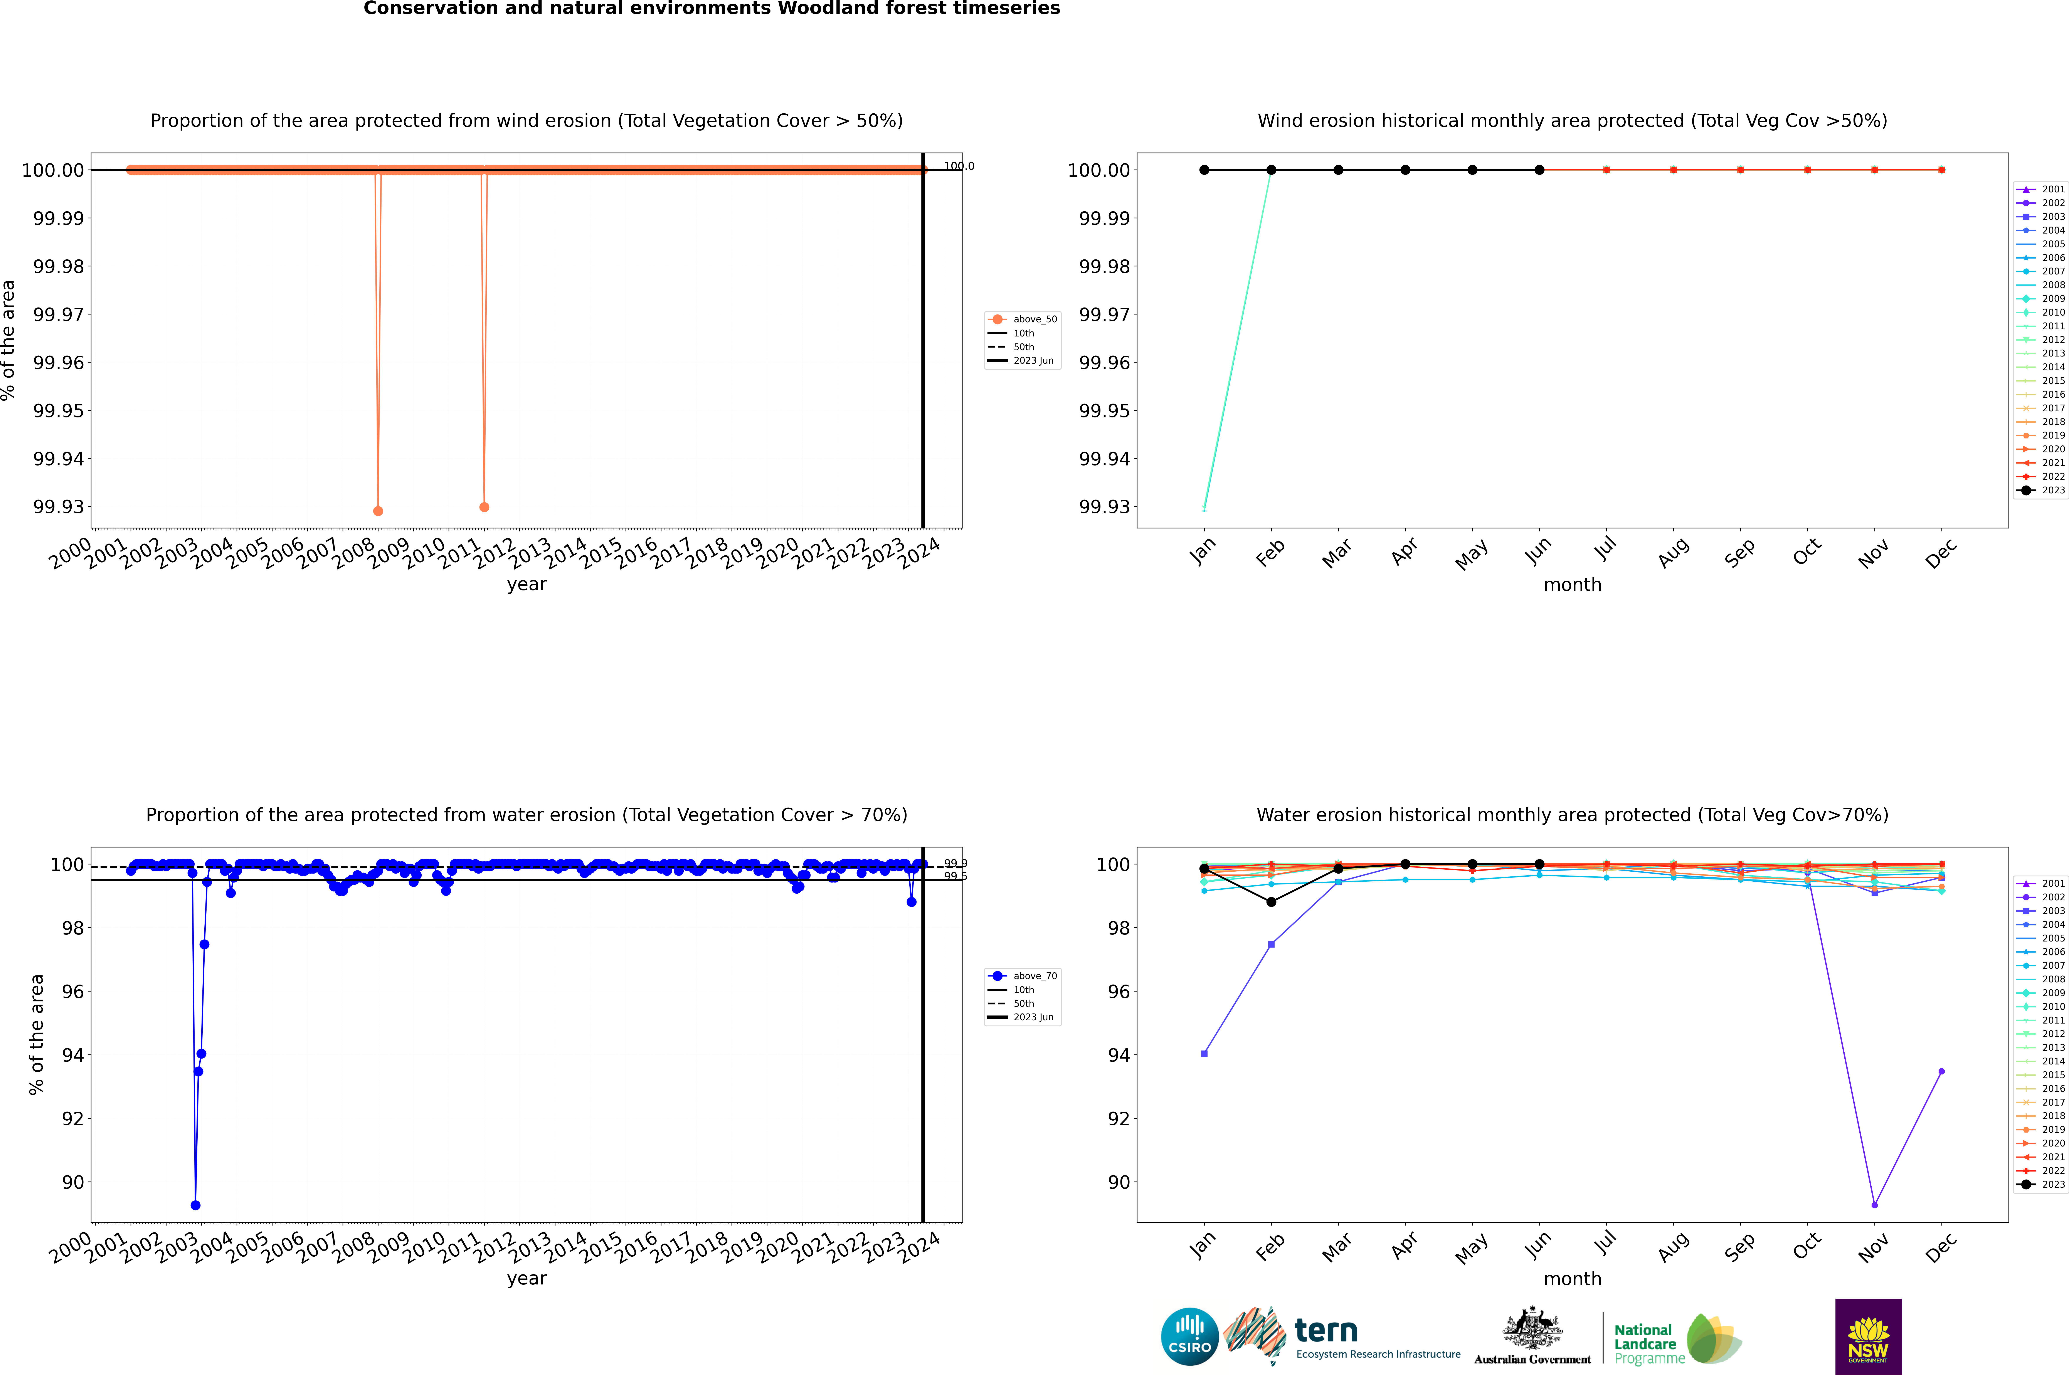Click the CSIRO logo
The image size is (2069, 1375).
(x=1189, y=1336)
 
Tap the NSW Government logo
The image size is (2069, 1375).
(x=1868, y=1336)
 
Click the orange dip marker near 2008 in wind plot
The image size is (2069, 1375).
(x=378, y=511)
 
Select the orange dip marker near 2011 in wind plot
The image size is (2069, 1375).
(x=484, y=507)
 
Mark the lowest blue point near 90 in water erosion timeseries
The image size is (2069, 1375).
(x=196, y=1206)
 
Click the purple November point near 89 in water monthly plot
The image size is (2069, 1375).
(x=1874, y=1205)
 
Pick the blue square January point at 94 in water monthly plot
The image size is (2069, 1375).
(x=1204, y=1054)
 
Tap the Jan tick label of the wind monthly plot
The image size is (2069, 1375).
(x=1203, y=551)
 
